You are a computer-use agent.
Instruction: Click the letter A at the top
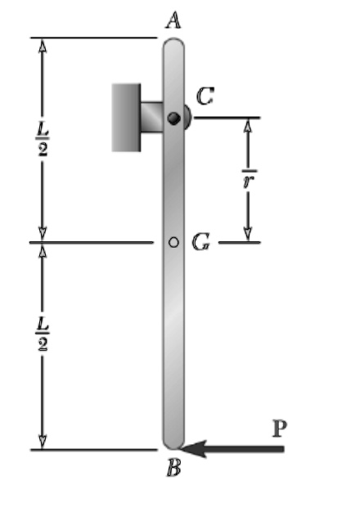(173, 20)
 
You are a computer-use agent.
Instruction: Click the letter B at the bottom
(174, 469)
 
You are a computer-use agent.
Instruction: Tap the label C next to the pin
(205, 97)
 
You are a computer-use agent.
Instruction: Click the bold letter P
(279, 428)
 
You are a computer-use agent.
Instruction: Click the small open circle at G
(173, 242)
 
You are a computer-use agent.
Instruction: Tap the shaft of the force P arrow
(245, 448)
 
